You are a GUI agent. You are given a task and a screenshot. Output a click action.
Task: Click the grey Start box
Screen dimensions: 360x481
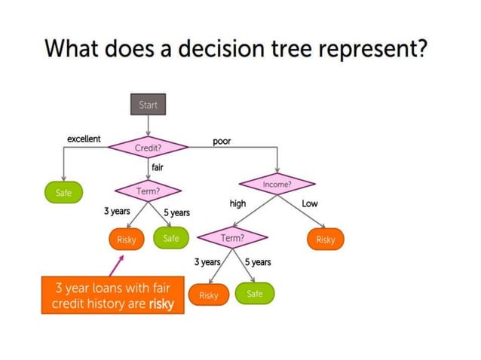[149, 105]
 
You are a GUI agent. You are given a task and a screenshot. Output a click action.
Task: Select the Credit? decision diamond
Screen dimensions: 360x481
[148, 148]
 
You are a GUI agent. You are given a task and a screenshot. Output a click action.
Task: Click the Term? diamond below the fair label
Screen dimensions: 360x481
[148, 192]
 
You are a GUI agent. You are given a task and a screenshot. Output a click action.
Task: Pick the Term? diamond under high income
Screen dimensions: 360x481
[232, 238]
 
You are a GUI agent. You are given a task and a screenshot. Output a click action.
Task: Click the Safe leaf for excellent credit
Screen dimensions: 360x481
[64, 193]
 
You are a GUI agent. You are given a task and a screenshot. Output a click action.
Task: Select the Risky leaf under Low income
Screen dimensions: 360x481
[325, 239]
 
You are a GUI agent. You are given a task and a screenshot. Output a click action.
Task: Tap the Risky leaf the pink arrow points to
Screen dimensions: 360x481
[126, 239]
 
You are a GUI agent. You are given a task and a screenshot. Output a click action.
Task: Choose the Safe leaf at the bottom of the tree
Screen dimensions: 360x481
[255, 294]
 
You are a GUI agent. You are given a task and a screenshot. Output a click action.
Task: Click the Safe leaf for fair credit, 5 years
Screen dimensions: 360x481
[171, 239]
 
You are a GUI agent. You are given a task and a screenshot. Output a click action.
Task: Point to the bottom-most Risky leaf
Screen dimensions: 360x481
[208, 295]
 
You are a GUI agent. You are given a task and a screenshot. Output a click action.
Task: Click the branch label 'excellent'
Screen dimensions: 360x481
[84, 139]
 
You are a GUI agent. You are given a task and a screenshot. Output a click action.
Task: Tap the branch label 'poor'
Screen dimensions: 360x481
[222, 141]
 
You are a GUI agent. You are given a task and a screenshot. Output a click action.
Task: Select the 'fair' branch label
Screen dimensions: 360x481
[158, 167]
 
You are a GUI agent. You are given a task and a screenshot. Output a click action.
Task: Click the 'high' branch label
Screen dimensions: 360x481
[237, 203]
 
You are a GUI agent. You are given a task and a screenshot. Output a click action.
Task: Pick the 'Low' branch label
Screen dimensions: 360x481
[310, 203]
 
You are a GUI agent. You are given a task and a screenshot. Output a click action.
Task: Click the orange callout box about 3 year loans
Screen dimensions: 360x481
[112, 295]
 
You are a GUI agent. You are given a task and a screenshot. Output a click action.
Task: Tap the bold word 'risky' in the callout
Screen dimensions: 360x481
[161, 304]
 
